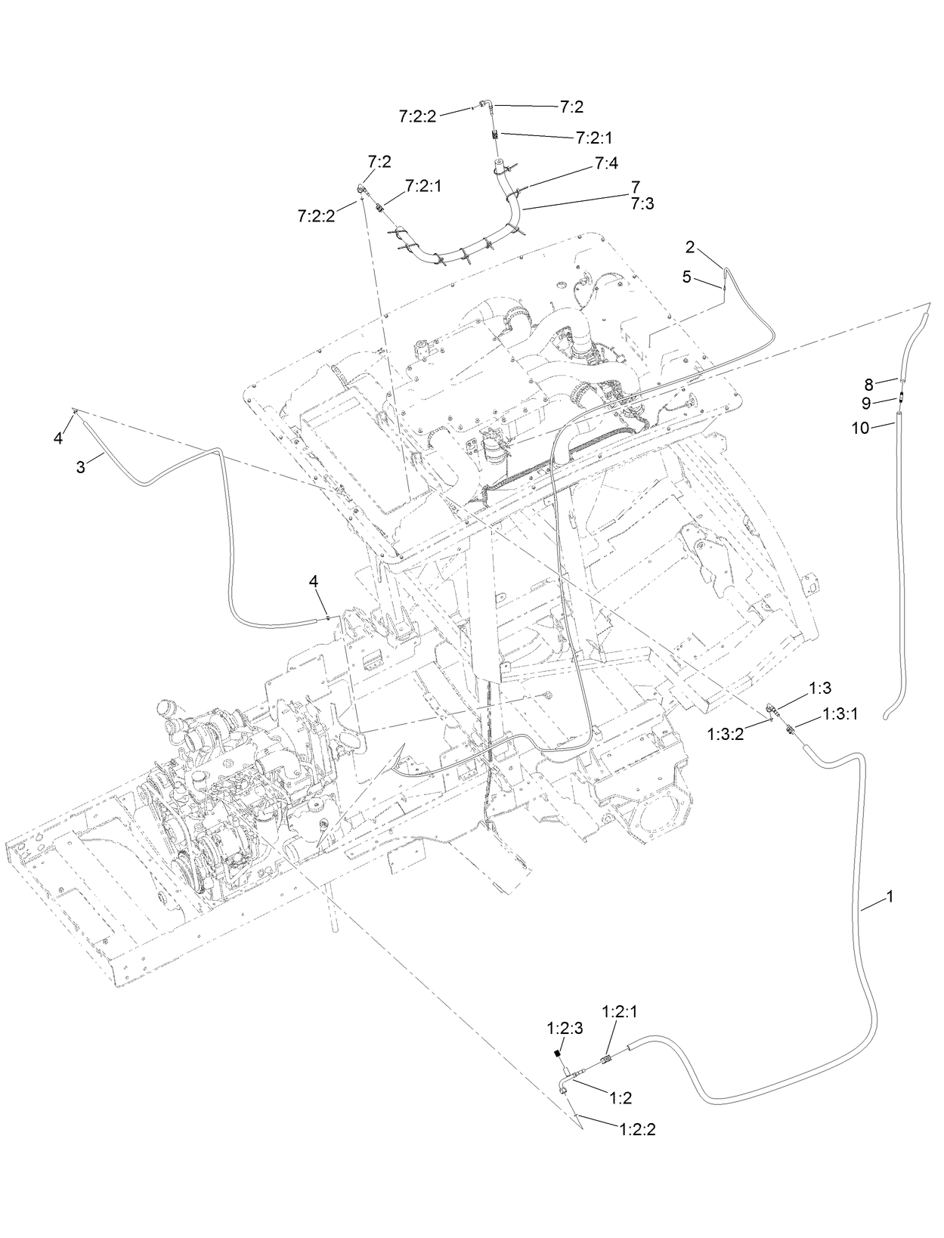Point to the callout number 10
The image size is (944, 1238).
[860, 428]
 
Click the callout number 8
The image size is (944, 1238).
[868, 384]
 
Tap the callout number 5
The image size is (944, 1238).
[686, 277]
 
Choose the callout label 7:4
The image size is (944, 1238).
[606, 162]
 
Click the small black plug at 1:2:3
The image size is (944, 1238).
[558, 1053]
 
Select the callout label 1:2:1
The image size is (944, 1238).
[620, 1011]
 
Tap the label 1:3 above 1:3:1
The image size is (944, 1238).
[819, 688]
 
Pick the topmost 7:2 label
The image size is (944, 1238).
[571, 107]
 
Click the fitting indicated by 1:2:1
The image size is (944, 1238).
[605, 1060]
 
